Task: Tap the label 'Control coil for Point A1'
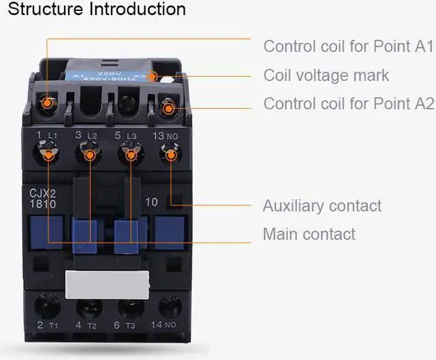[348, 46]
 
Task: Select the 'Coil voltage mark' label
[326, 75]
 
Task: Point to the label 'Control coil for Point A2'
[348, 104]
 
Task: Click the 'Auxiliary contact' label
[322, 206]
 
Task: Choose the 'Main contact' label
[309, 235]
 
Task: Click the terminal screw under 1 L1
[48, 155]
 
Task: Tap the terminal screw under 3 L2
[89, 155]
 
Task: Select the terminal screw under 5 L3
[129, 155]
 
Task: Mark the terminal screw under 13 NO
[170, 155]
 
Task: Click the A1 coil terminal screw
[48, 104]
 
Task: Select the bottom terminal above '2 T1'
[47, 305]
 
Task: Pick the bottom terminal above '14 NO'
[170, 305]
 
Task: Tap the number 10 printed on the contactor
[152, 202]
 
